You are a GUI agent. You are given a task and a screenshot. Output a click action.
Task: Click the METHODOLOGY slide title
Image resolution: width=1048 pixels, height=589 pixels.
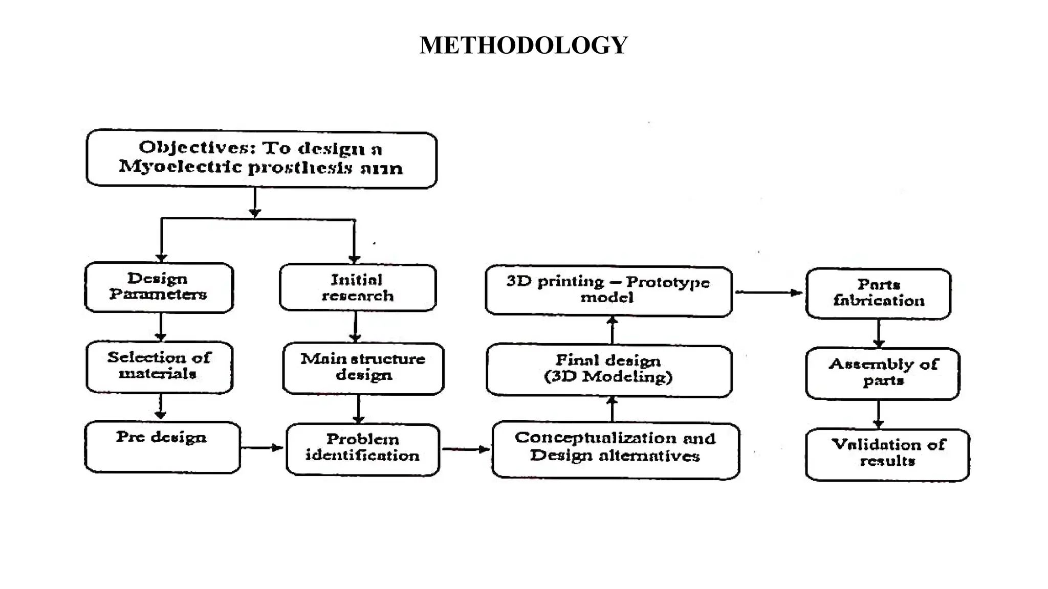click(523, 45)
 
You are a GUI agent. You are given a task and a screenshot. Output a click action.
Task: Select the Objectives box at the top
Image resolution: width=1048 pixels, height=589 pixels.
click(261, 158)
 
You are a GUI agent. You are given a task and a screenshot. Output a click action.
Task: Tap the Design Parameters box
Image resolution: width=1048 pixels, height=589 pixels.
click(159, 287)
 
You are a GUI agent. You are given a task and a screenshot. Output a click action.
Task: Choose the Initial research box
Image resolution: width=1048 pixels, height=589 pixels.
click(358, 287)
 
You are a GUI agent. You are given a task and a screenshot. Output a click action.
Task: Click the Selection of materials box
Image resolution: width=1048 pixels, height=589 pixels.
click(159, 366)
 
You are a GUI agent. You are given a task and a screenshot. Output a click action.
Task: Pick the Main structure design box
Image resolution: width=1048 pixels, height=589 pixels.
click(363, 368)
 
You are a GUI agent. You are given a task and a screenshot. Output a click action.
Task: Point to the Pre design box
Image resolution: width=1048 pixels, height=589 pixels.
click(162, 446)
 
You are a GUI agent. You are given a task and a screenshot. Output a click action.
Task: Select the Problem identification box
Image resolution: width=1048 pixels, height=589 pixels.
click(363, 448)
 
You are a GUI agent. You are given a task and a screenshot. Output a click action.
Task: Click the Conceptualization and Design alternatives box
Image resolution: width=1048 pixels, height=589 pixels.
click(615, 449)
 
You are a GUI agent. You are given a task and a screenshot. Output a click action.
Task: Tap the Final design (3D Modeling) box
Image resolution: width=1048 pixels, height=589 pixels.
click(608, 370)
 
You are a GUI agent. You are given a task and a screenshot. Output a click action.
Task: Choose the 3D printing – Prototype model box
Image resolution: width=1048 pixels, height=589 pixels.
click(608, 290)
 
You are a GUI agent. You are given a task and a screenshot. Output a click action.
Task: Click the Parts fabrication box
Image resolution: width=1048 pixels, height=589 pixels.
click(878, 293)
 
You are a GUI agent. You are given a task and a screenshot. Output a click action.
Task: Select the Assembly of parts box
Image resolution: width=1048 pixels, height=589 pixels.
click(882, 373)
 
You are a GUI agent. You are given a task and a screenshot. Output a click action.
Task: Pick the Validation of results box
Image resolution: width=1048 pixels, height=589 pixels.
click(887, 454)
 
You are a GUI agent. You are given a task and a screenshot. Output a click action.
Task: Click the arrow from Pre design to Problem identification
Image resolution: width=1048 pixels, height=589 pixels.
click(261, 448)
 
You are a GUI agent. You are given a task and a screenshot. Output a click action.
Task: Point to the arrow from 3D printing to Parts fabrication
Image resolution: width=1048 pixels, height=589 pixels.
click(769, 292)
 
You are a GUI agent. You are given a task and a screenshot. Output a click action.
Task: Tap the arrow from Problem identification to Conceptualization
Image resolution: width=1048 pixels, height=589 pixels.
click(465, 449)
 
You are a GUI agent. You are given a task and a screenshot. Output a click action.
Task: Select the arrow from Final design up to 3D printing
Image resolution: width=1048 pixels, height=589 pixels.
click(612, 330)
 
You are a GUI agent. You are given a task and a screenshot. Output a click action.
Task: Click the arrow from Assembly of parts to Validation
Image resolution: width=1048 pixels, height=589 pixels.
click(879, 414)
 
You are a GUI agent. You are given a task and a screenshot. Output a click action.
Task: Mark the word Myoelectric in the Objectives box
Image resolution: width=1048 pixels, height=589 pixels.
click(180, 167)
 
